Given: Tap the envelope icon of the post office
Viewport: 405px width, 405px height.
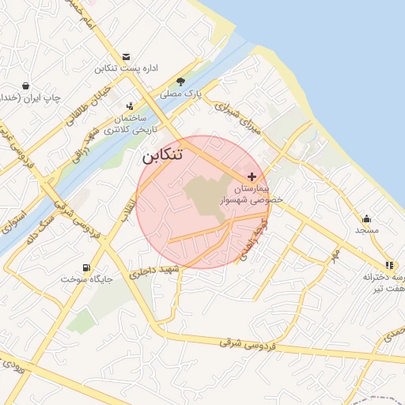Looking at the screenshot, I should (127, 56).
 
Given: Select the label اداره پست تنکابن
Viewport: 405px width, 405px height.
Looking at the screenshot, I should (127, 69).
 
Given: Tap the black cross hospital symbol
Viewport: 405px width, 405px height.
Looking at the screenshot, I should (252, 176).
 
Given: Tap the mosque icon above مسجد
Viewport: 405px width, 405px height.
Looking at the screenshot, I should (366, 218).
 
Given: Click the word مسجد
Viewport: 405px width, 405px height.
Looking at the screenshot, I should (366, 230).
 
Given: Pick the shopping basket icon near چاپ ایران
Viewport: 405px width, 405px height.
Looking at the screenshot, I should (25, 85).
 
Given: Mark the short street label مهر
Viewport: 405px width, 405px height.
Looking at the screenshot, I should (335, 255).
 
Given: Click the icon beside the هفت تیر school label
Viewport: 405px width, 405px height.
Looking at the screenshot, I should (388, 265).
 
